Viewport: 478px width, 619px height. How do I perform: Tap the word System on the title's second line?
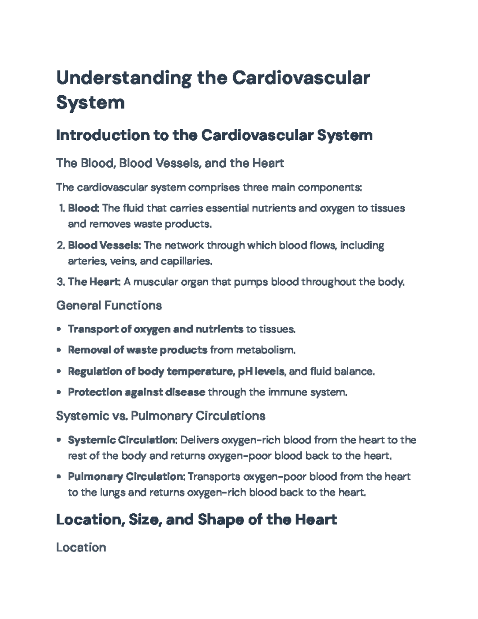pyautogui.click(x=90, y=102)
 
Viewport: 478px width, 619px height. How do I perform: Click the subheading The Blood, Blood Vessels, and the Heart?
pyautogui.click(x=170, y=163)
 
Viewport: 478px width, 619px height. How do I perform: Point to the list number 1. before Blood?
pyautogui.click(x=61, y=208)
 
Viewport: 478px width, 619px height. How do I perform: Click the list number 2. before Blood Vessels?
pyautogui.click(x=61, y=245)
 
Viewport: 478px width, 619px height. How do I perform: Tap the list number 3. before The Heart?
pyautogui.click(x=61, y=282)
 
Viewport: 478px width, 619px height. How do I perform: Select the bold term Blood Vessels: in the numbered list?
pyautogui.click(x=104, y=245)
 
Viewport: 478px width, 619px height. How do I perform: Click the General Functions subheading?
pyautogui.click(x=109, y=306)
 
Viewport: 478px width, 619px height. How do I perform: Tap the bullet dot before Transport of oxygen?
pyautogui.click(x=59, y=329)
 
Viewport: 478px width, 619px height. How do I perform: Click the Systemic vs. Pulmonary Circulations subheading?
pyautogui.click(x=161, y=416)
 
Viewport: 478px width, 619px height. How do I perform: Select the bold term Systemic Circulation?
pyautogui.click(x=122, y=440)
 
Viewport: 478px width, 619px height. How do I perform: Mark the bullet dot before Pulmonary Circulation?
pyautogui.click(x=59, y=477)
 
